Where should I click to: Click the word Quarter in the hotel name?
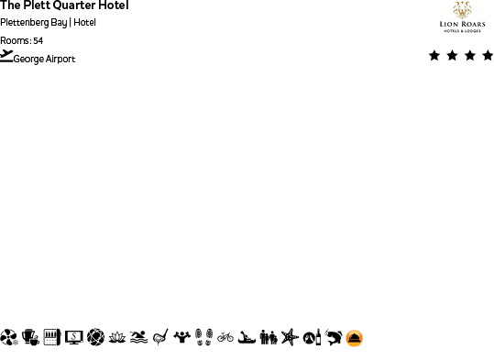[x=74, y=5]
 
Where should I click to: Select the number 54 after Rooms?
[x=38, y=40]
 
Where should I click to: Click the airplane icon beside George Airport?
[x=6, y=56]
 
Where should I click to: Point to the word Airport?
[x=60, y=59]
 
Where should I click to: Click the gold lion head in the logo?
[x=462, y=10]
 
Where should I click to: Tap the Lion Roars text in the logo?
[x=462, y=24]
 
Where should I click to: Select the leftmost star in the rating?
[x=434, y=56]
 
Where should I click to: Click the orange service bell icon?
[x=355, y=338]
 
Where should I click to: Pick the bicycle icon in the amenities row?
[x=225, y=337]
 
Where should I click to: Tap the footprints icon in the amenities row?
[x=203, y=337]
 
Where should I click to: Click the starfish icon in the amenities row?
[x=290, y=337]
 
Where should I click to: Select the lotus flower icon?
[x=117, y=337]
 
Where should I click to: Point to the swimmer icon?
[x=138, y=337]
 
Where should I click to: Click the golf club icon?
[x=160, y=337]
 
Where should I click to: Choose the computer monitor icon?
[x=74, y=337]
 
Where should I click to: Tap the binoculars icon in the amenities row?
[x=269, y=337]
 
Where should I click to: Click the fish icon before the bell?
[x=333, y=337]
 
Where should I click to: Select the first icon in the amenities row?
[x=9, y=337]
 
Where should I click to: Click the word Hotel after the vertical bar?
[x=85, y=23]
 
